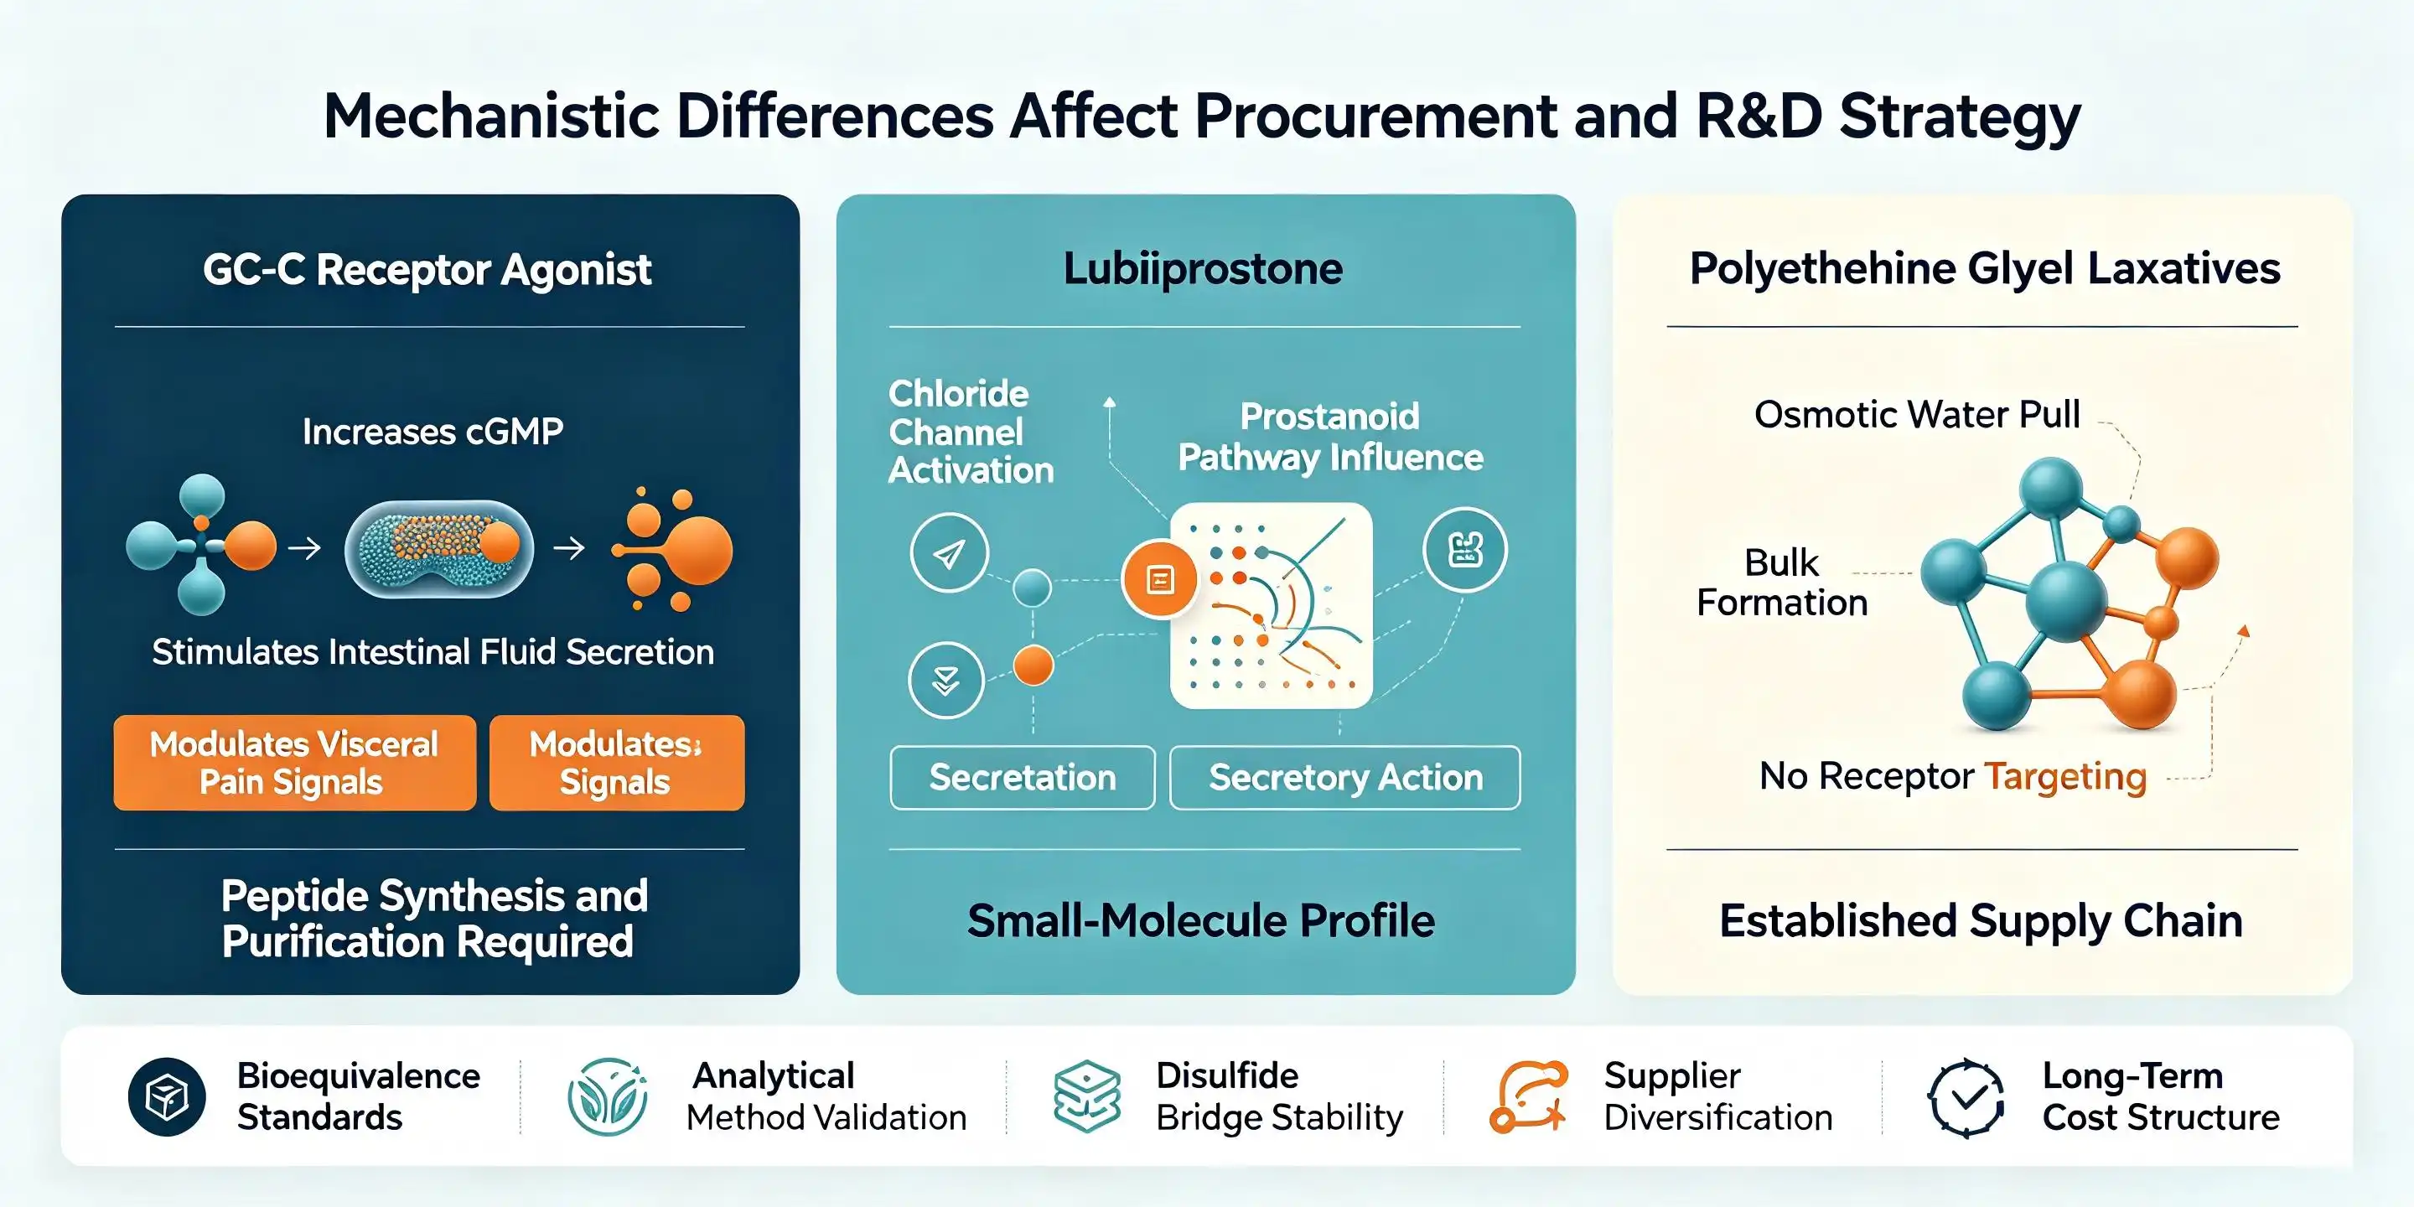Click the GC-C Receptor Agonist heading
pyautogui.click(x=427, y=270)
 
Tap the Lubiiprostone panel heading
pyautogui.click(x=1204, y=269)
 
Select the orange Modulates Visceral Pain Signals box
pyautogui.click(x=294, y=763)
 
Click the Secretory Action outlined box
pyautogui.click(x=1344, y=777)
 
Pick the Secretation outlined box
pyautogui.click(x=1023, y=777)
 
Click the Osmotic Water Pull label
pyautogui.click(x=1916, y=414)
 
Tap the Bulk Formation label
pyautogui.click(x=1781, y=582)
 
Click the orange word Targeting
pyautogui.click(x=2065, y=777)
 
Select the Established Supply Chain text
pyautogui.click(x=1981, y=920)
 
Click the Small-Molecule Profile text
pyautogui.click(x=1201, y=920)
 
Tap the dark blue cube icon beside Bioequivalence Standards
pyautogui.click(x=167, y=1096)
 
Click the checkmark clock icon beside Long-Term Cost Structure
pyautogui.click(x=1966, y=1097)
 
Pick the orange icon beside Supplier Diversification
pyautogui.click(x=1528, y=1096)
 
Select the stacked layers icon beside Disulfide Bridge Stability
pyautogui.click(x=1087, y=1096)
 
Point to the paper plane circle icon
pyautogui.click(x=950, y=553)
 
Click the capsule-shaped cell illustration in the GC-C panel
pyautogui.click(x=438, y=549)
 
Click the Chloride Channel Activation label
pyautogui.click(x=971, y=432)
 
